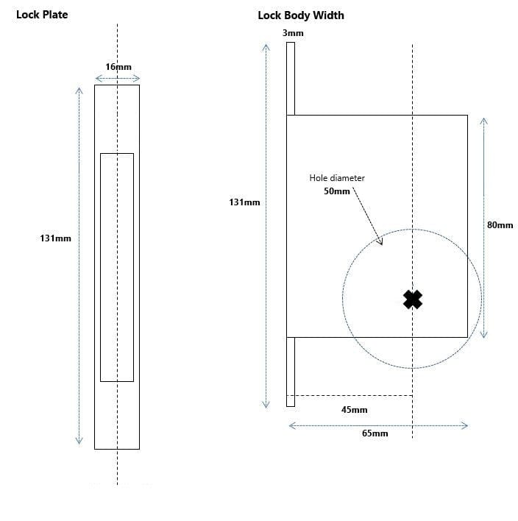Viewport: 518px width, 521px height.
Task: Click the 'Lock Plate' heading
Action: pyautogui.click(x=42, y=14)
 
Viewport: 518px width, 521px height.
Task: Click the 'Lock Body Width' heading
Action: pyautogui.click(x=300, y=15)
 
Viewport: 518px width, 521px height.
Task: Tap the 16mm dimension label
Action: pyautogui.click(x=118, y=67)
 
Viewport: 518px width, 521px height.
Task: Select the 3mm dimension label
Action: pyautogui.click(x=293, y=33)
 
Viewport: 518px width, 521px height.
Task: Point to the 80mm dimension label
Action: pyautogui.click(x=500, y=224)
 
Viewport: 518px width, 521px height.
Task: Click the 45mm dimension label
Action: pyautogui.click(x=354, y=410)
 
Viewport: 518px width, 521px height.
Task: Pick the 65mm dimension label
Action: pyautogui.click(x=375, y=433)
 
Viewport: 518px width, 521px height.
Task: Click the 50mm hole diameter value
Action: pyautogui.click(x=337, y=191)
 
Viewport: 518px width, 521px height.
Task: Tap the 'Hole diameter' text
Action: pyautogui.click(x=337, y=178)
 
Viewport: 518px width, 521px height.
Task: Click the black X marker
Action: pyautogui.click(x=413, y=299)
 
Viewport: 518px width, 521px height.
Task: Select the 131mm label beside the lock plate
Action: pyautogui.click(x=55, y=238)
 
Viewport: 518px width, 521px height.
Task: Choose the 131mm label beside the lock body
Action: pyautogui.click(x=244, y=202)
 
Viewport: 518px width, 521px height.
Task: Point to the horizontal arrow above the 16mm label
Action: pyautogui.click(x=118, y=77)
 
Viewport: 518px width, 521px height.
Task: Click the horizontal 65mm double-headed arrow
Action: pyautogui.click(x=377, y=425)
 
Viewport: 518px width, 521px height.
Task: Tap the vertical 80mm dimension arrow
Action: pyautogui.click(x=483, y=226)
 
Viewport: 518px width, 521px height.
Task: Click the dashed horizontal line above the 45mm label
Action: pyautogui.click(x=350, y=395)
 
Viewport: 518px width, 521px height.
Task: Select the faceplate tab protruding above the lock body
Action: pyautogui.click(x=291, y=79)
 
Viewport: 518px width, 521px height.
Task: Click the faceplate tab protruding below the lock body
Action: pyautogui.click(x=291, y=372)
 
